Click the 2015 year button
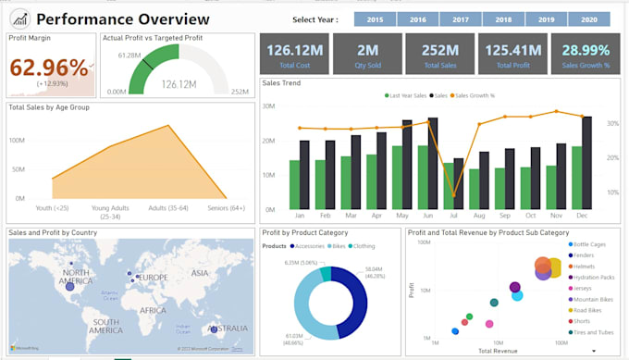coord(375,19)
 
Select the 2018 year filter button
coord(503,19)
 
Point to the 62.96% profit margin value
coord(47,68)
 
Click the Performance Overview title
coord(122,19)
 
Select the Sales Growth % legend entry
coord(475,95)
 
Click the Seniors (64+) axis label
coord(226,207)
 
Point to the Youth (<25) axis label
coord(52,207)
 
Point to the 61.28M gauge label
coord(128,56)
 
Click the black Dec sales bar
coord(586,162)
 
